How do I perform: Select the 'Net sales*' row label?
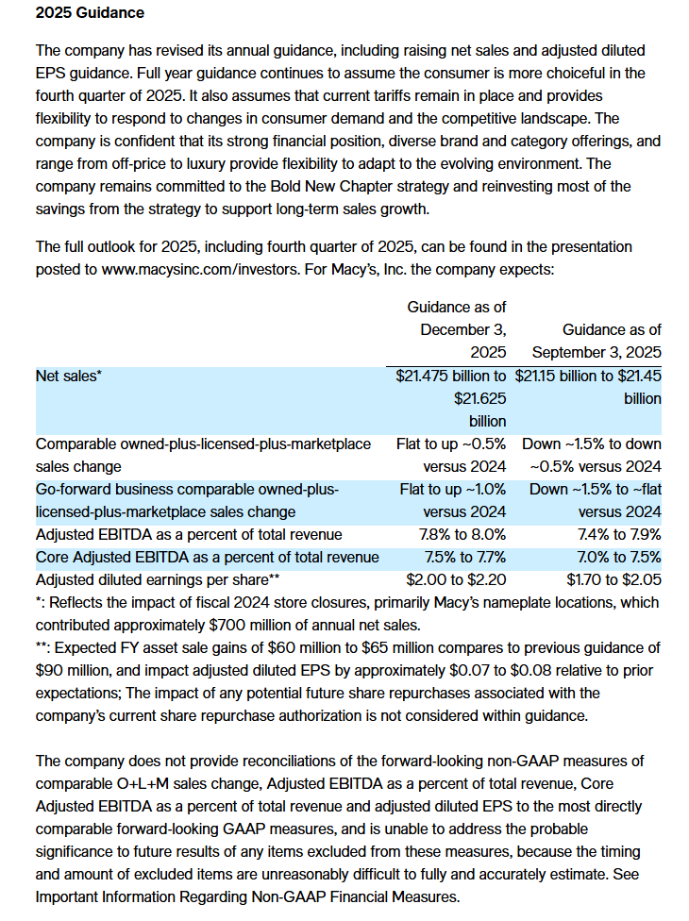point(68,375)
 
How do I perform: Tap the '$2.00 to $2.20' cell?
point(456,578)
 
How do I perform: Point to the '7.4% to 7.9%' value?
point(619,533)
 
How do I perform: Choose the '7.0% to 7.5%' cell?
point(619,556)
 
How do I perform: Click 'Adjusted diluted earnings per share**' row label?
point(158,578)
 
